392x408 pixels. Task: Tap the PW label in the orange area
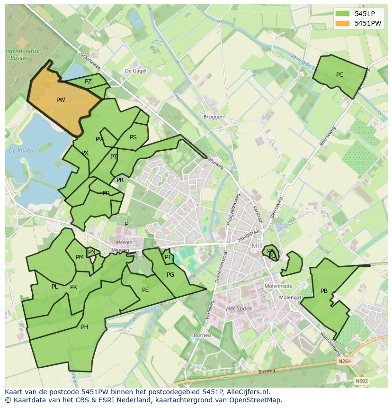[x=61, y=100]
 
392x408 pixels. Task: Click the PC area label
[x=339, y=75]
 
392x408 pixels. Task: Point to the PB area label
[x=324, y=291]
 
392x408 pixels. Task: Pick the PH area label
[x=84, y=327]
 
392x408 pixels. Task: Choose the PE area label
[x=145, y=290]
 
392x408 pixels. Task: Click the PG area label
[x=170, y=275]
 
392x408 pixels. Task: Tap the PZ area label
[x=88, y=82]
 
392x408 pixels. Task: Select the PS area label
[x=133, y=137]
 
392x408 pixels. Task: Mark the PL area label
[x=55, y=287]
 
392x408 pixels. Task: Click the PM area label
[x=80, y=257]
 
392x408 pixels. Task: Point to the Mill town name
[x=257, y=246]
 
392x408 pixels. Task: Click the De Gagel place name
[x=135, y=70]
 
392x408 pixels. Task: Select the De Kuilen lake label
[x=21, y=151]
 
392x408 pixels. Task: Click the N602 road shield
[x=362, y=381]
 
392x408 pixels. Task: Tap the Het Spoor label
[x=239, y=308]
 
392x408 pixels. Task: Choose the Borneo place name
[x=202, y=335]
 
